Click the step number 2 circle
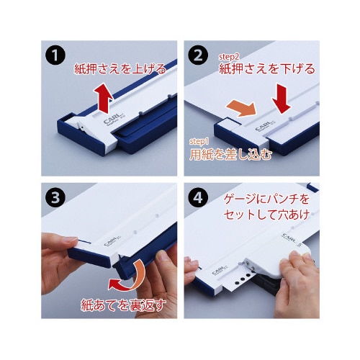[198, 55]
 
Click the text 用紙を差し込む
[230, 153]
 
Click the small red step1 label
[197, 140]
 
